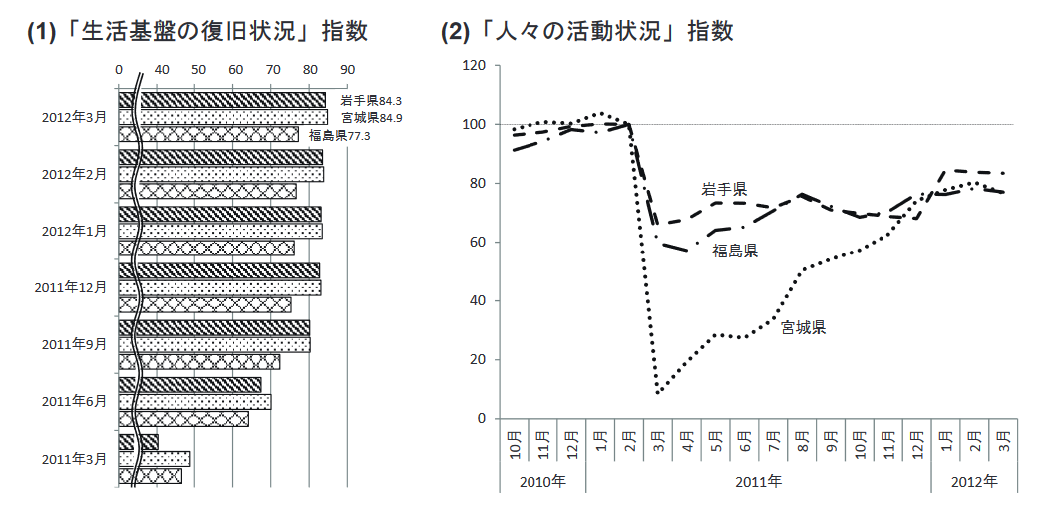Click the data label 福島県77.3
point(339,136)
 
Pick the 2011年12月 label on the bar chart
point(70,287)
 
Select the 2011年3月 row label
point(74,459)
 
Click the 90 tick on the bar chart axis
point(347,70)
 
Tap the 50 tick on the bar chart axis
point(197,70)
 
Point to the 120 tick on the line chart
point(474,66)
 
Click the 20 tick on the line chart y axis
point(478,359)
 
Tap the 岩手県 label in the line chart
point(724,189)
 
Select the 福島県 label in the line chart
point(735,251)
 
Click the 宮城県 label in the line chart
point(803,327)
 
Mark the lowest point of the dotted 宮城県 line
point(658,392)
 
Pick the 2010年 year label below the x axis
point(541,481)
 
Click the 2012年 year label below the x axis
point(974,481)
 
